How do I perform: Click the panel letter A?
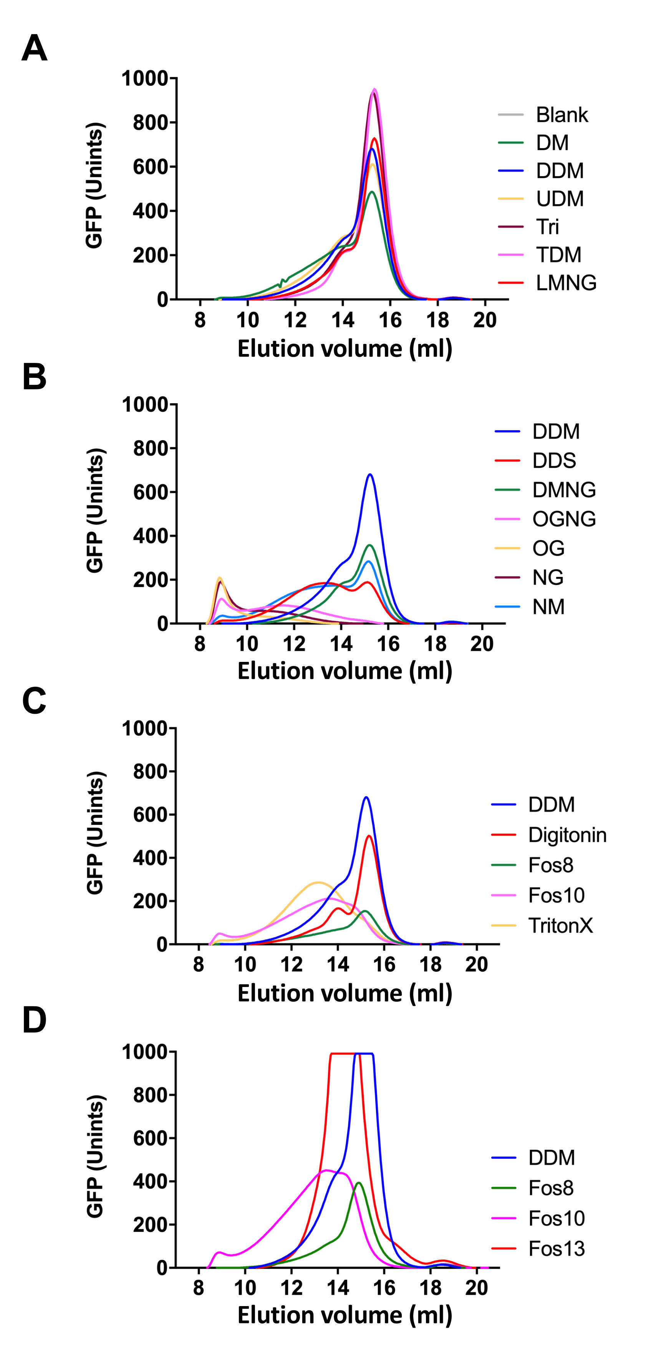click(x=34, y=49)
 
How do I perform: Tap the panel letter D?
click(x=34, y=1020)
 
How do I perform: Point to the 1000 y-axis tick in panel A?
click(x=144, y=79)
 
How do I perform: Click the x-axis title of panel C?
click(x=345, y=993)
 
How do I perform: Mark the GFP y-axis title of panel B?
click(x=95, y=510)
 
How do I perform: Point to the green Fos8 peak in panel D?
click(x=359, y=1183)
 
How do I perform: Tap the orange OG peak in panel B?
click(x=220, y=578)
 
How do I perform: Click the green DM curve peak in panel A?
click(x=372, y=192)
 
